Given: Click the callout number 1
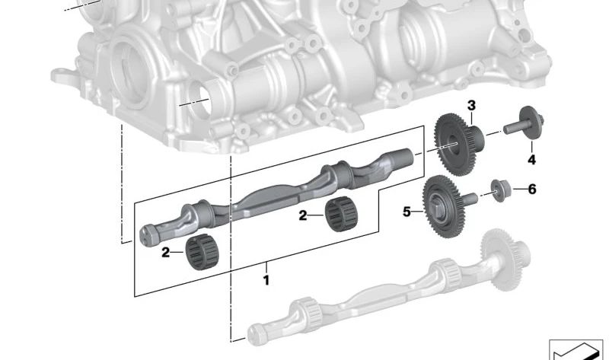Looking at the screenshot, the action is (x=266, y=280).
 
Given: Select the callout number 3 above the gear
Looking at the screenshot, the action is (x=471, y=105).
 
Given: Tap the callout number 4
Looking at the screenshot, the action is (x=531, y=159).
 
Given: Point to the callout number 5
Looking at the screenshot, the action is (x=407, y=212).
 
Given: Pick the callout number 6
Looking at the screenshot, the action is (x=531, y=189).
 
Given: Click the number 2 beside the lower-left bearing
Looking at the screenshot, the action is (x=165, y=253).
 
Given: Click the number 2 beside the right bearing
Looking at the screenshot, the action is (x=302, y=215).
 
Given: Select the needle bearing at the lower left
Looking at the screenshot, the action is (x=202, y=252).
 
